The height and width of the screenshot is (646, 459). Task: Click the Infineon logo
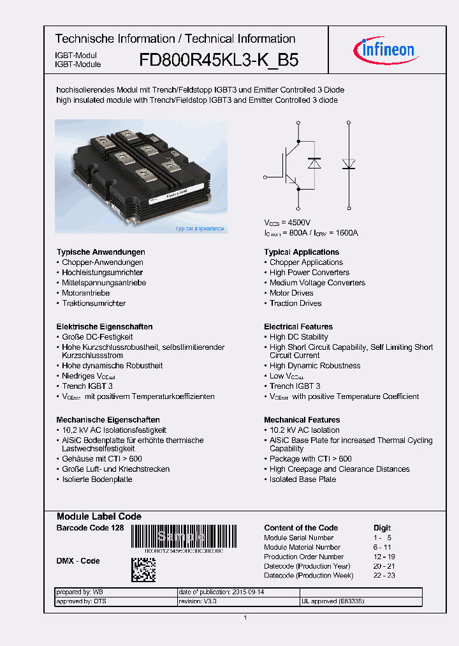pos(384,49)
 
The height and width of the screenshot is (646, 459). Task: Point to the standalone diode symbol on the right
pos(349,163)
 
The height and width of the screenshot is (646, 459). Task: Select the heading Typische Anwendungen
pos(101,252)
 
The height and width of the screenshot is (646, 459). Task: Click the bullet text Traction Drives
pos(295,303)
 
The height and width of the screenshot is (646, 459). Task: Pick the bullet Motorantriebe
pos(85,293)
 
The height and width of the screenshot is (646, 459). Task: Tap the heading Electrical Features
pos(298,327)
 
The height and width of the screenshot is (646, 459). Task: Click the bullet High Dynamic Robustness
pos(315,366)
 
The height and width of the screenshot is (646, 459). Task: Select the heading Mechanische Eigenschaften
pos(108,420)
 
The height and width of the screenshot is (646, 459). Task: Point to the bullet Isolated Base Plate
pos(303,479)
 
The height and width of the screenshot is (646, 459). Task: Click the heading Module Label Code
pos(99,516)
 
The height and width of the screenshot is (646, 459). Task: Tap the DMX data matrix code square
pos(143,569)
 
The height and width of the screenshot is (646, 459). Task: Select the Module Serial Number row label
pos(298,537)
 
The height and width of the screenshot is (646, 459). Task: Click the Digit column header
pos(382,528)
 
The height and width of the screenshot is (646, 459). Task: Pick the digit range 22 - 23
pos(384,576)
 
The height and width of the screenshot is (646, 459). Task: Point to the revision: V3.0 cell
pos(198,601)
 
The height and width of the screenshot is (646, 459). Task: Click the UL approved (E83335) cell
pos(333,601)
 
